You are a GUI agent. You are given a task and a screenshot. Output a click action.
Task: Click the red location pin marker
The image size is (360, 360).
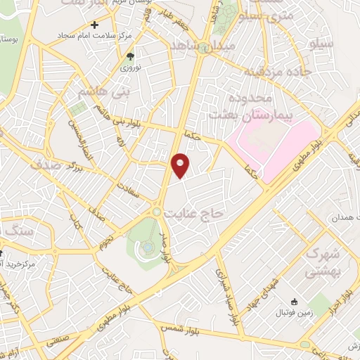pyautogui.click(x=180, y=166)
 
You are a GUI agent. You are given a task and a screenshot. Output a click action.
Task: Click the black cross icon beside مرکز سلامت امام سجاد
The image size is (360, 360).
pyautogui.click(x=95, y=25)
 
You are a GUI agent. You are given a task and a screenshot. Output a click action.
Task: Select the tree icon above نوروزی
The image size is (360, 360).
pyautogui.click(x=129, y=56)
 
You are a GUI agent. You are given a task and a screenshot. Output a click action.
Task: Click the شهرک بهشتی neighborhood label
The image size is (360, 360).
pyautogui.click(x=325, y=261)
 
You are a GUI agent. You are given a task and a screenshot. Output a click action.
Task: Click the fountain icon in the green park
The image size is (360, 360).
pyautogui.click(x=146, y=247)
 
